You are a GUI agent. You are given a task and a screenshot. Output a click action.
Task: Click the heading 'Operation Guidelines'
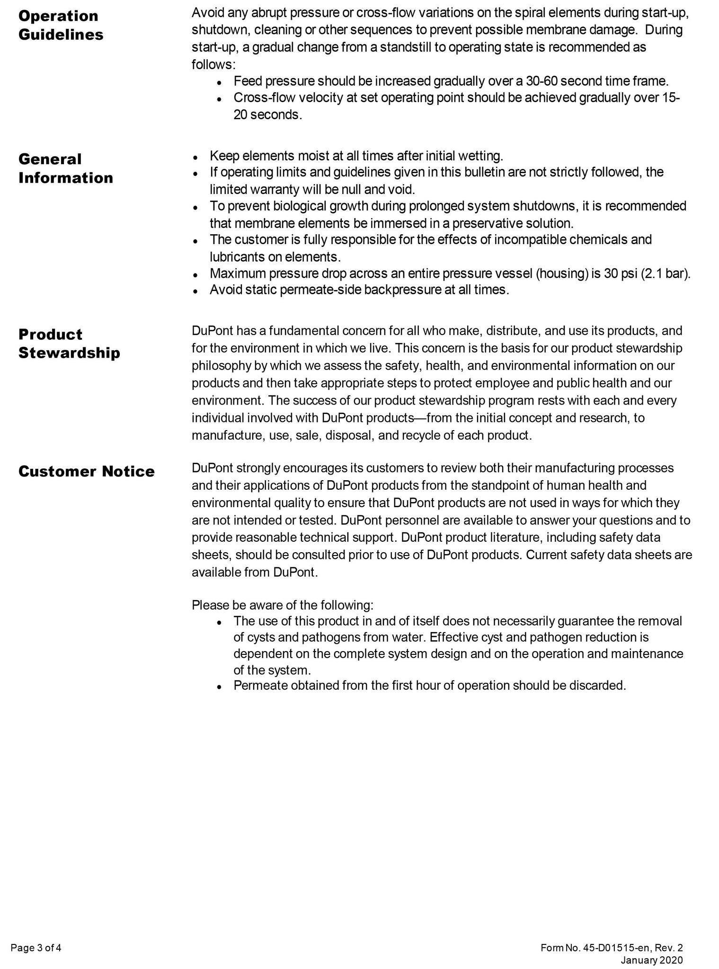point(61,25)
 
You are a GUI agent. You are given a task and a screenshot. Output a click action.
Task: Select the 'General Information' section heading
point(65,168)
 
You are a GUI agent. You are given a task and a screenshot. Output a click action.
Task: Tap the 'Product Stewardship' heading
point(69,344)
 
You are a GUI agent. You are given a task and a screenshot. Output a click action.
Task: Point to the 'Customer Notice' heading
point(86,472)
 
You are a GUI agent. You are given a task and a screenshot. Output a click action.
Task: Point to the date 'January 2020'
point(652,947)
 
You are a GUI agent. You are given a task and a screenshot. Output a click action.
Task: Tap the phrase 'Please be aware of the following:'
point(283,605)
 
